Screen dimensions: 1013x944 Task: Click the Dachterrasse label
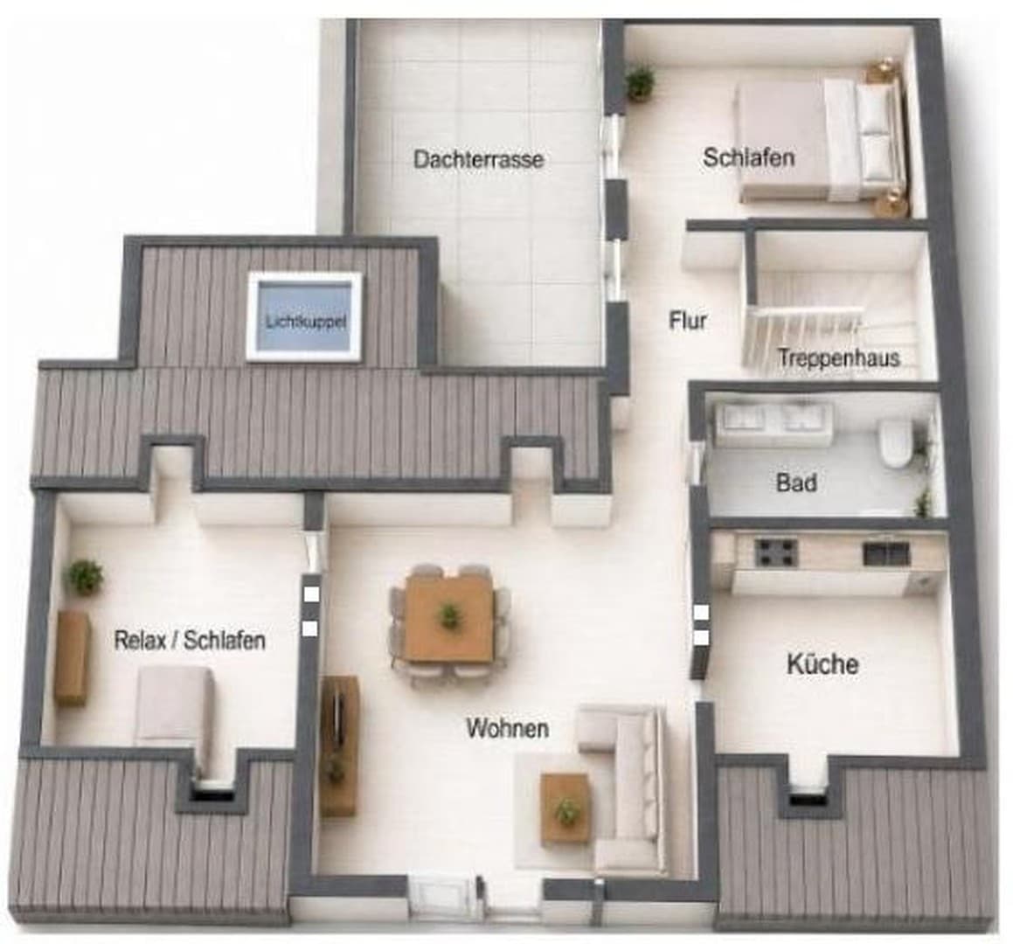478,159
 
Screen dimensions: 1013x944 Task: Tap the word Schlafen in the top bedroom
749,157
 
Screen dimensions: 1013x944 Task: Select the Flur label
688,321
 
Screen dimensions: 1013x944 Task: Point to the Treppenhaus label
838,357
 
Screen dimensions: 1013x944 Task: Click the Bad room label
796,482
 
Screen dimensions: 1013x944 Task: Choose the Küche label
822,663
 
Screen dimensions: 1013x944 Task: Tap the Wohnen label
508,728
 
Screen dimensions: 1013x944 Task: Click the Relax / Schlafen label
190,641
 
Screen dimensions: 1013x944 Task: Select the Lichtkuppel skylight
304,316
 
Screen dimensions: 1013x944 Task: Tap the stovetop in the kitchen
776,552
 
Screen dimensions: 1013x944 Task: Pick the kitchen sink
886,553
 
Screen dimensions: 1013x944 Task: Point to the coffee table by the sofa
565,808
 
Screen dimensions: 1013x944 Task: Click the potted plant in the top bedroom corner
640,82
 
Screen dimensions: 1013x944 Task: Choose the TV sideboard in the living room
340,746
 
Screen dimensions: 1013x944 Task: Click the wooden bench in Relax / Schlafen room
72,658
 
